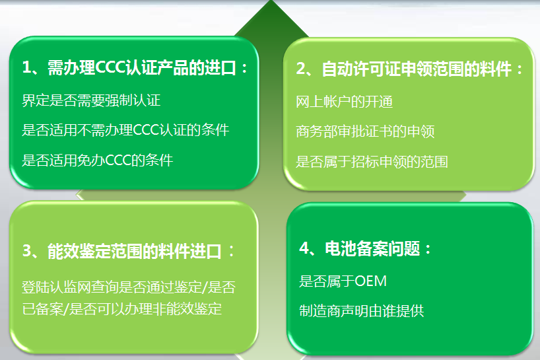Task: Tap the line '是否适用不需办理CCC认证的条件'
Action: pyautogui.click(x=125, y=129)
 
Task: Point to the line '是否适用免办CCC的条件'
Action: pyautogui.click(x=97, y=159)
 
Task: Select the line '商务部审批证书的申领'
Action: pyautogui.click(x=365, y=131)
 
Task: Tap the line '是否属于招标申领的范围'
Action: pyautogui.click(x=372, y=161)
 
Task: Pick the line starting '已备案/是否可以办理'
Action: pyautogui.click(x=121, y=308)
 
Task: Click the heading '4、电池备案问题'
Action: pyautogui.click(x=365, y=248)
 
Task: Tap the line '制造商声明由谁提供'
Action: pyautogui.click(x=361, y=310)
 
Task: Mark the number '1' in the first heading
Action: pyautogui.click(x=26, y=69)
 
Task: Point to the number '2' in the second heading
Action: pyautogui.click(x=300, y=69)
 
